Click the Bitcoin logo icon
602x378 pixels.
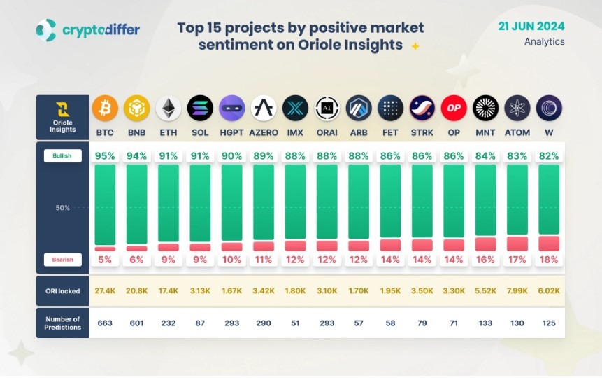coord(105,108)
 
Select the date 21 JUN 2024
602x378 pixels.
coord(531,27)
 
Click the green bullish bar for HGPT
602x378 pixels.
coord(231,203)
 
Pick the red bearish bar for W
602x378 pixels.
coord(549,244)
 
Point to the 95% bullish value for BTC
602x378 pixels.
coord(105,156)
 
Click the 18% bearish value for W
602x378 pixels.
coord(549,260)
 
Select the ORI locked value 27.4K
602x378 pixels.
coord(105,290)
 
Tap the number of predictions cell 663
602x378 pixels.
coord(105,323)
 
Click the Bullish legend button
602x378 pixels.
coord(63,155)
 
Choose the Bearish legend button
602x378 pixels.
coord(63,260)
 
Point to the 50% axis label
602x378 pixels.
coord(63,208)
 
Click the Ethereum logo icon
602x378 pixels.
coord(169,108)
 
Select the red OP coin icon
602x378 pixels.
coord(454,108)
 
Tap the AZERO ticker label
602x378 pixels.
coord(264,132)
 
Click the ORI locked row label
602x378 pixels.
coord(63,290)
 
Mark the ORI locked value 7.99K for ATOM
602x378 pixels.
coord(517,290)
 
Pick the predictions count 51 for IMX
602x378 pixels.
coord(295,323)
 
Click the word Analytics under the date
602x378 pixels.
coord(544,42)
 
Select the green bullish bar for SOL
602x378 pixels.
coord(200,203)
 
